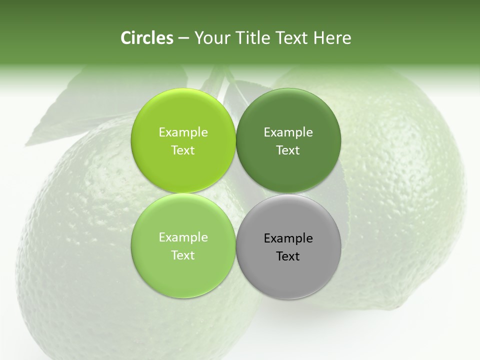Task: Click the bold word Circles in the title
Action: click(146, 38)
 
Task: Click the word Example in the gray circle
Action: click(288, 238)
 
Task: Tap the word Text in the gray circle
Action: click(288, 256)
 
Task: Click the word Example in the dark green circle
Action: click(288, 132)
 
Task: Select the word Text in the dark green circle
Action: click(288, 150)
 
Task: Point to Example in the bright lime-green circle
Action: click(183, 132)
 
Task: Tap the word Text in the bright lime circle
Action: click(183, 150)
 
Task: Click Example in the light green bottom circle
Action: click(183, 237)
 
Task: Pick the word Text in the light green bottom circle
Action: click(183, 255)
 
